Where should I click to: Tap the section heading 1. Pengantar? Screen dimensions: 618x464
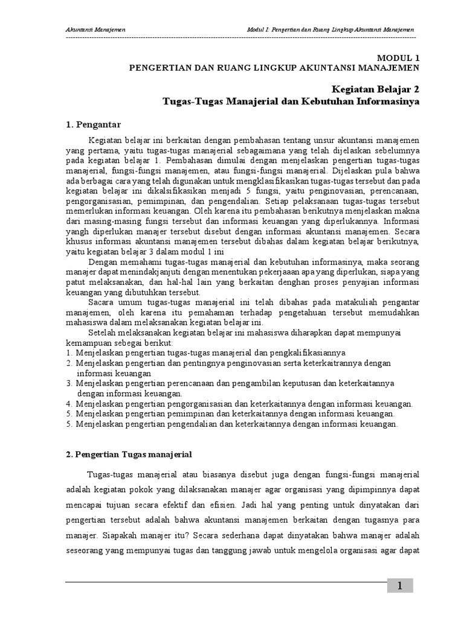click(x=94, y=125)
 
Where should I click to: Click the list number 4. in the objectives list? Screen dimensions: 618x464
click(x=69, y=404)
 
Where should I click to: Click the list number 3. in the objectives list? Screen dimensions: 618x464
click(x=69, y=383)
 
